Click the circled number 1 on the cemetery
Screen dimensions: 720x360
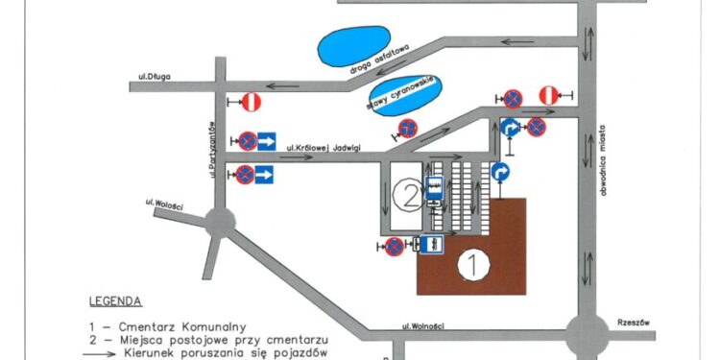[x=470, y=262]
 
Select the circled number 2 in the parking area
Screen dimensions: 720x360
[x=407, y=196]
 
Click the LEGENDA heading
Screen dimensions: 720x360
[x=115, y=300]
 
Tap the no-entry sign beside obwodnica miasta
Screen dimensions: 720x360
[x=546, y=96]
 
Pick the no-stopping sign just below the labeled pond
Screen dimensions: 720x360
[x=408, y=128]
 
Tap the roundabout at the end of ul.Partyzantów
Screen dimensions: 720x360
[x=220, y=223]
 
